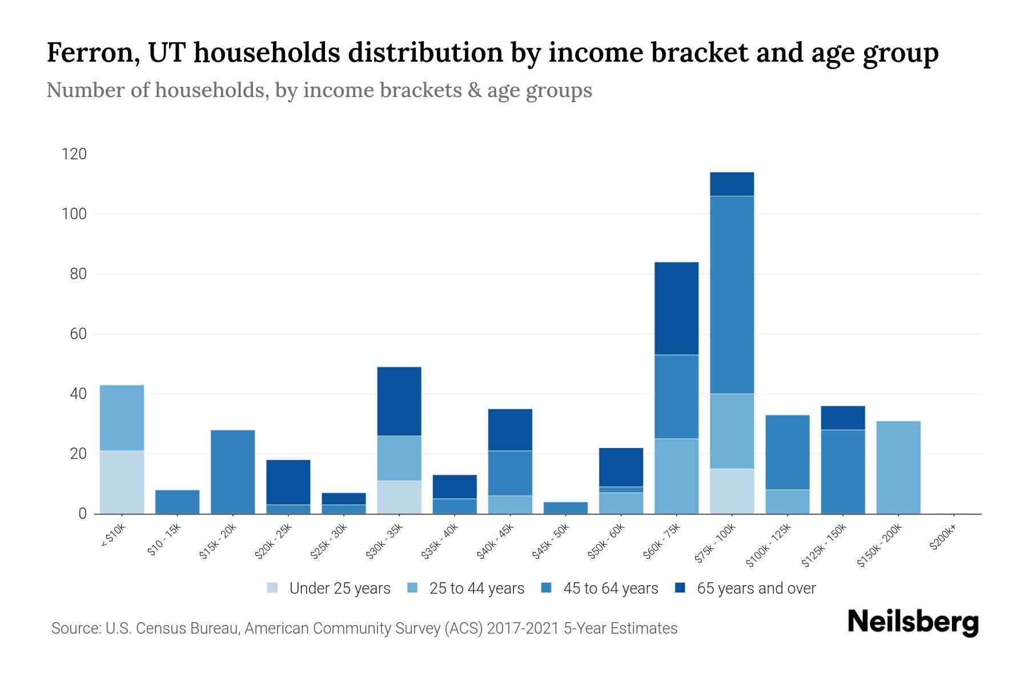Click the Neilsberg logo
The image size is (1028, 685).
point(913,622)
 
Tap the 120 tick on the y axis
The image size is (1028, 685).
point(74,154)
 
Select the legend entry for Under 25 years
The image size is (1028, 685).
point(329,588)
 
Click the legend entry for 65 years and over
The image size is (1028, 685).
point(745,588)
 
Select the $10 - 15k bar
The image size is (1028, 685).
point(177,502)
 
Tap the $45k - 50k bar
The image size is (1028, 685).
point(565,507)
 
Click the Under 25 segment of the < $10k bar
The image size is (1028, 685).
point(122,482)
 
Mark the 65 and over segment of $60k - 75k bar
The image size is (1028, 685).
point(676,308)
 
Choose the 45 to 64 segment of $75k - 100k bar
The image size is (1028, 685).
point(732,295)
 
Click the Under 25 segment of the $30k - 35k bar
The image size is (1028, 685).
point(399,497)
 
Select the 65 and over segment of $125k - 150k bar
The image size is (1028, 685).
point(842,418)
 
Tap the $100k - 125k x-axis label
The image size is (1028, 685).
point(769,545)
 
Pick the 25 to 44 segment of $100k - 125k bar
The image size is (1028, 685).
point(787,502)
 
